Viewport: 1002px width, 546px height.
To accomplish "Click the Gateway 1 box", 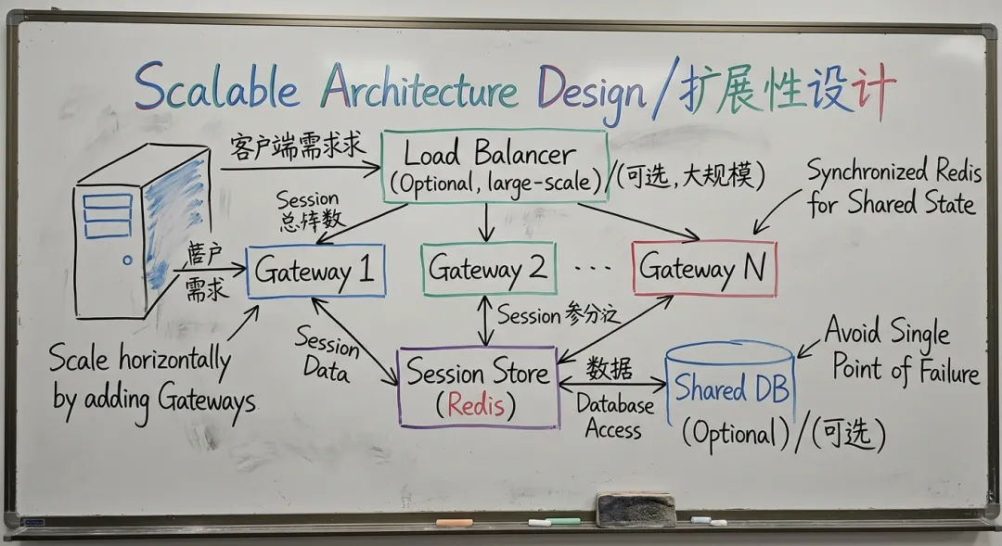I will pyautogui.click(x=315, y=272).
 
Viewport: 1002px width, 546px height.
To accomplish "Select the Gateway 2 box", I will pyautogui.click(x=488, y=269).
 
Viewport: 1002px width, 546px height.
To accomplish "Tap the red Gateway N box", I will pyautogui.click(x=704, y=269).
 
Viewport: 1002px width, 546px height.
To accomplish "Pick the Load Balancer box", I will pyautogui.click(x=495, y=167).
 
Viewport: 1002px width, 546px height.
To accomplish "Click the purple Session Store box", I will pyautogui.click(x=478, y=387).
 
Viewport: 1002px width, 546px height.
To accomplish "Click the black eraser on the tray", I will pyautogui.click(x=636, y=510).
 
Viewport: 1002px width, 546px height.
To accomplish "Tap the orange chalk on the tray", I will pyautogui.click(x=455, y=522).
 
